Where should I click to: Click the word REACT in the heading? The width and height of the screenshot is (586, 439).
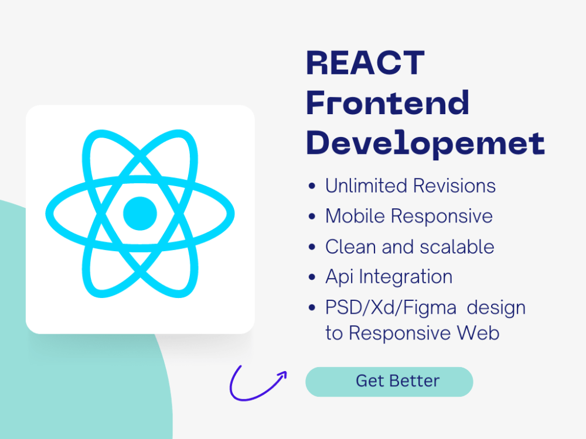click(365, 63)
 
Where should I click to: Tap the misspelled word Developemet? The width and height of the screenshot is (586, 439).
click(425, 143)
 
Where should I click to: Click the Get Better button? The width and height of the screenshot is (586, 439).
click(389, 382)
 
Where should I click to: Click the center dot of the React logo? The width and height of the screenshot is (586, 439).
click(140, 214)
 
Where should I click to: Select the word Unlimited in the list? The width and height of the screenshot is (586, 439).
click(366, 186)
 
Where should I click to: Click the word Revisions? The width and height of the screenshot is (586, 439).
click(455, 186)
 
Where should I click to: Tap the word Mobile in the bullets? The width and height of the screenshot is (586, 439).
click(355, 216)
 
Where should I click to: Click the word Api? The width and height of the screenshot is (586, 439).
click(339, 277)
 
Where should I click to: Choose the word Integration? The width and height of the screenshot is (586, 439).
click(406, 277)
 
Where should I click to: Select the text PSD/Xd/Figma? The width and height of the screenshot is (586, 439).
click(391, 308)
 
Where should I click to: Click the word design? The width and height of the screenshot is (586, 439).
click(496, 308)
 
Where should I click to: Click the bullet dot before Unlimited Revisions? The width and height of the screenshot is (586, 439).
click(312, 186)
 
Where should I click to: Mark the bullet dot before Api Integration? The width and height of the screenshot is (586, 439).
click(312, 277)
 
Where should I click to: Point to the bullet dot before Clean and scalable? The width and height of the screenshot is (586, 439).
click(312, 247)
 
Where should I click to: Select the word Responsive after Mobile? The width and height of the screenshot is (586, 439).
click(442, 217)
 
